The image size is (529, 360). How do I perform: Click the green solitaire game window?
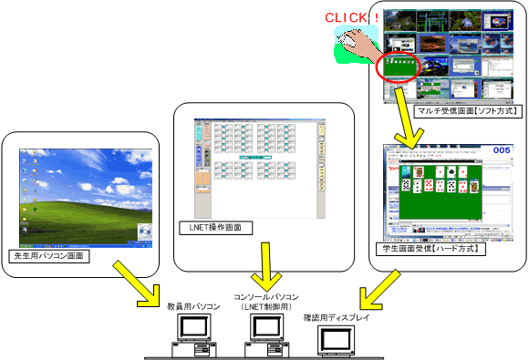(437, 194)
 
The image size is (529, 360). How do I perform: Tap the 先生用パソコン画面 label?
(47, 256)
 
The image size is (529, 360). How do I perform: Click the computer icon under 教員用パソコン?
(189, 338)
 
